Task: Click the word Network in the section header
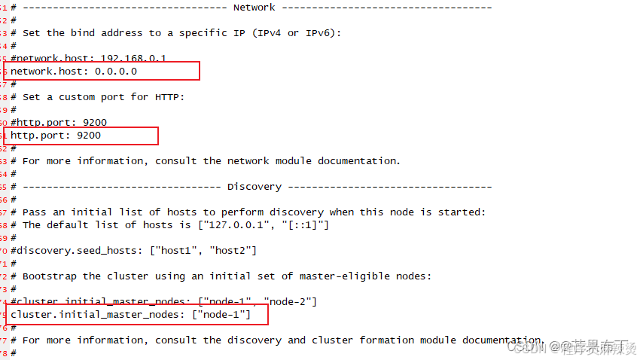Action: [x=254, y=8]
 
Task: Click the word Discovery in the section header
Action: [x=254, y=186]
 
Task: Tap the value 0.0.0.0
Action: [x=116, y=71]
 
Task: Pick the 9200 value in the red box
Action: [x=89, y=135]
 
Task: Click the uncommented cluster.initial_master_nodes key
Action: [x=95, y=314]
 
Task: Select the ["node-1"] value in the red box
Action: [x=221, y=314]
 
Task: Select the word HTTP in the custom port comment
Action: [x=167, y=97]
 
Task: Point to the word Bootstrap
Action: [x=50, y=276]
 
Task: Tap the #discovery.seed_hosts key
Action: [x=65, y=250]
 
